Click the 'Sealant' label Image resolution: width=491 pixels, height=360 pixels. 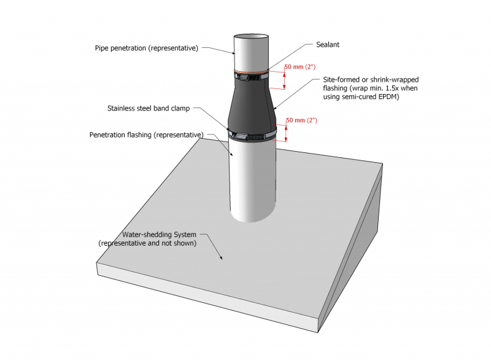(328, 45)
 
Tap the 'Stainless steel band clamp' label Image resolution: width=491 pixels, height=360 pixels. (149, 109)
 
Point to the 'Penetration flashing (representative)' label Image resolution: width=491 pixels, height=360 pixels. (146, 135)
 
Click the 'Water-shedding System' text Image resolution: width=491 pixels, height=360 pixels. (159, 235)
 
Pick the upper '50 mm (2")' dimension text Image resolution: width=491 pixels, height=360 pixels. (301, 66)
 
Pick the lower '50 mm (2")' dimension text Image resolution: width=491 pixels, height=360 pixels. (301, 120)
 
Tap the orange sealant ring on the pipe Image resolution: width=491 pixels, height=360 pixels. (250, 71)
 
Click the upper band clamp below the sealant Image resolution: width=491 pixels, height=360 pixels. (250, 77)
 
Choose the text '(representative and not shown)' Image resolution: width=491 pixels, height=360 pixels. (147, 243)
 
